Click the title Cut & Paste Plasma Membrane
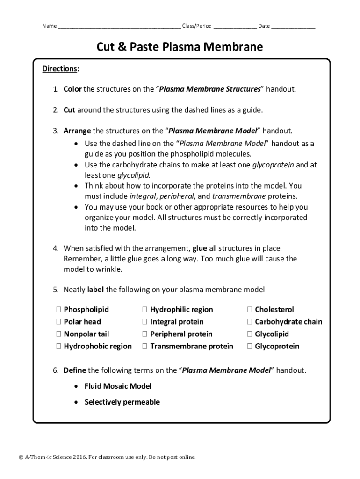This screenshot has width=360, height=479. click(x=180, y=47)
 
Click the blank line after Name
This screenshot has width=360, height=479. click(x=119, y=27)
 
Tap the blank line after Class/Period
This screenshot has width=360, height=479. click(x=235, y=27)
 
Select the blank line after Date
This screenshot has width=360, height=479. click(x=293, y=27)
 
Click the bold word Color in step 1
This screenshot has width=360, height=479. click(x=72, y=89)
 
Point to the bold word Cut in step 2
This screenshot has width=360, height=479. click(x=69, y=110)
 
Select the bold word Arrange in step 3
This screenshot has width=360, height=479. click(x=77, y=131)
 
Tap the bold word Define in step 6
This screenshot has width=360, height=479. click(x=75, y=370)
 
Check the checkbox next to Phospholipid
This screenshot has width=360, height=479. click(x=59, y=310)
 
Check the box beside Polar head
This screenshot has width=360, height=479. click(x=59, y=322)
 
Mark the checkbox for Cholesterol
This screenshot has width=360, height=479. click(x=250, y=310)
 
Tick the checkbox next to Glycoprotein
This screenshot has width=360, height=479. click(x=250, y=347)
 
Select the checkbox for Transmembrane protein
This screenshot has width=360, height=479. click(x=145, y=347)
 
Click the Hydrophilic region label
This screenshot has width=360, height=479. click(x=181, y=310)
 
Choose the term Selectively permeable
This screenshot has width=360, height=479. click(x=122, y=402)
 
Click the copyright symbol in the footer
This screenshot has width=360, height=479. click(x=21, y=457)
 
